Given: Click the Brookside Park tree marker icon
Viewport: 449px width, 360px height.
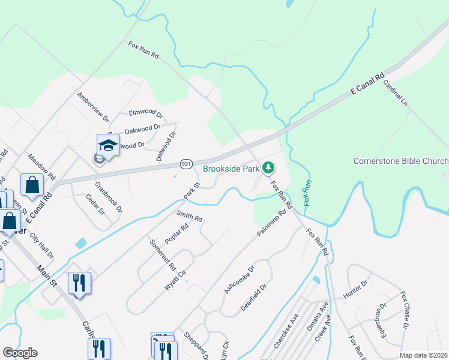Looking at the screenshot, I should point(270,168).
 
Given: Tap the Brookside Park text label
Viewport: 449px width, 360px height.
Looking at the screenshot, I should point(231,169).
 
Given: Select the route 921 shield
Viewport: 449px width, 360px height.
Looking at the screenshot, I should point(186,164).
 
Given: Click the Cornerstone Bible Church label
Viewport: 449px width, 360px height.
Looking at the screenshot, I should point(400,161).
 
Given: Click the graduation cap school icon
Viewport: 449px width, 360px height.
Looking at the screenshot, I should point(109,145).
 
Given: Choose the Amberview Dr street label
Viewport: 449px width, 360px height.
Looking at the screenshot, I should point(92,107).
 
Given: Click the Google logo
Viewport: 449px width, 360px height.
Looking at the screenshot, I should point(20,353).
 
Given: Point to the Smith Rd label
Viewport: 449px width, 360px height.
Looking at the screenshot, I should point(188,216).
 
